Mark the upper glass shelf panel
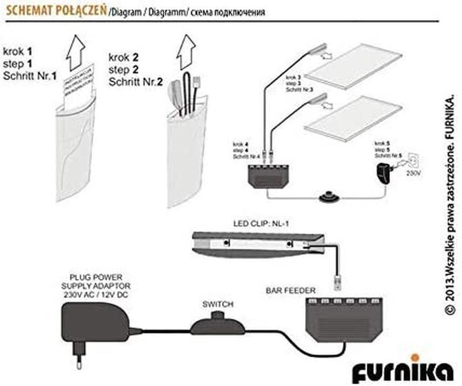pos(352,68)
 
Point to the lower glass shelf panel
pos(352,118)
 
